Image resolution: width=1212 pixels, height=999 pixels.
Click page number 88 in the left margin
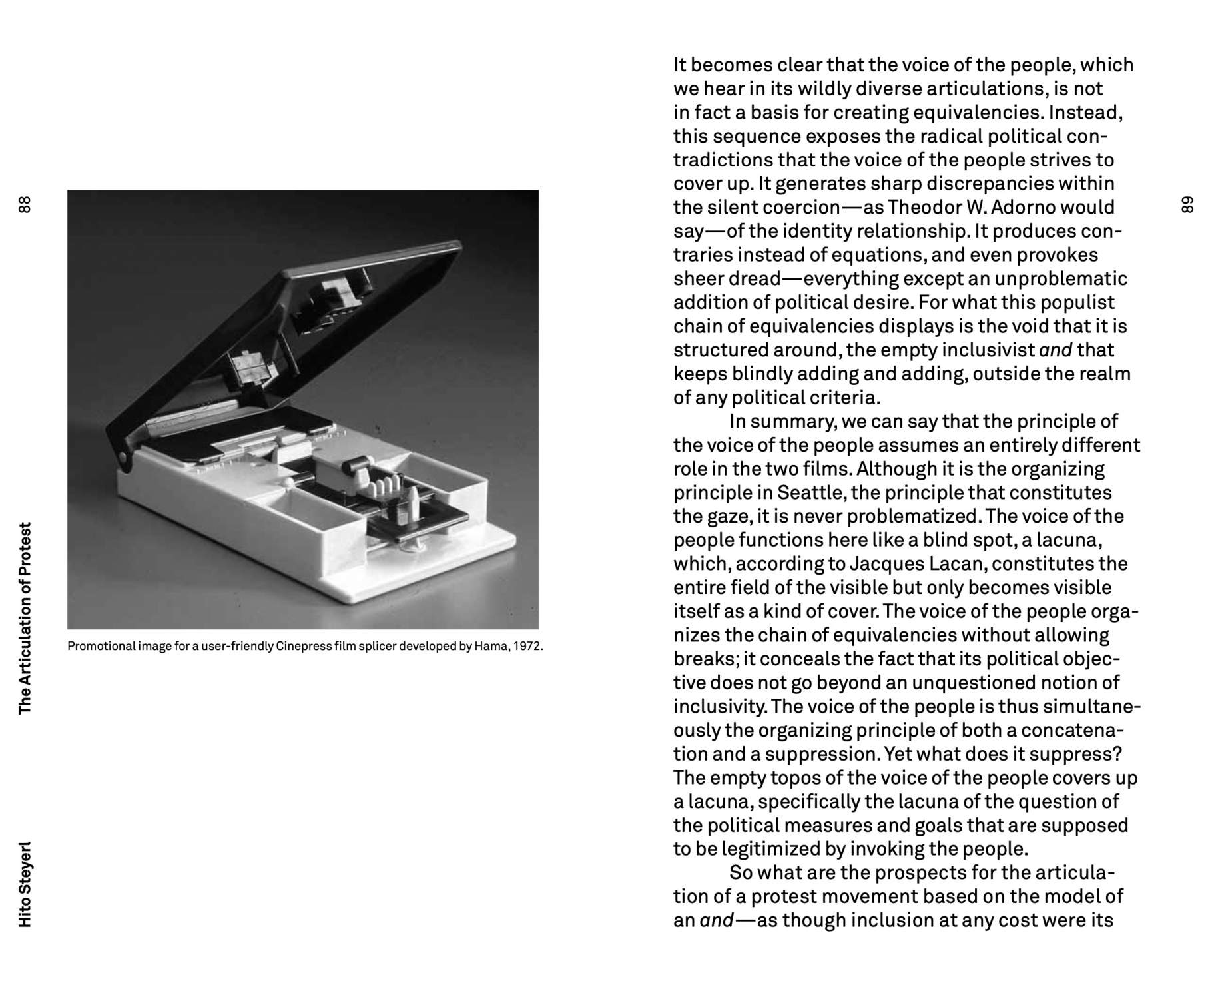point(25,204)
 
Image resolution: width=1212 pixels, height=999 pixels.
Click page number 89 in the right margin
point(1186,204)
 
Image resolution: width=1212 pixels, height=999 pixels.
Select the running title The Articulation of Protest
point(25,618)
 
